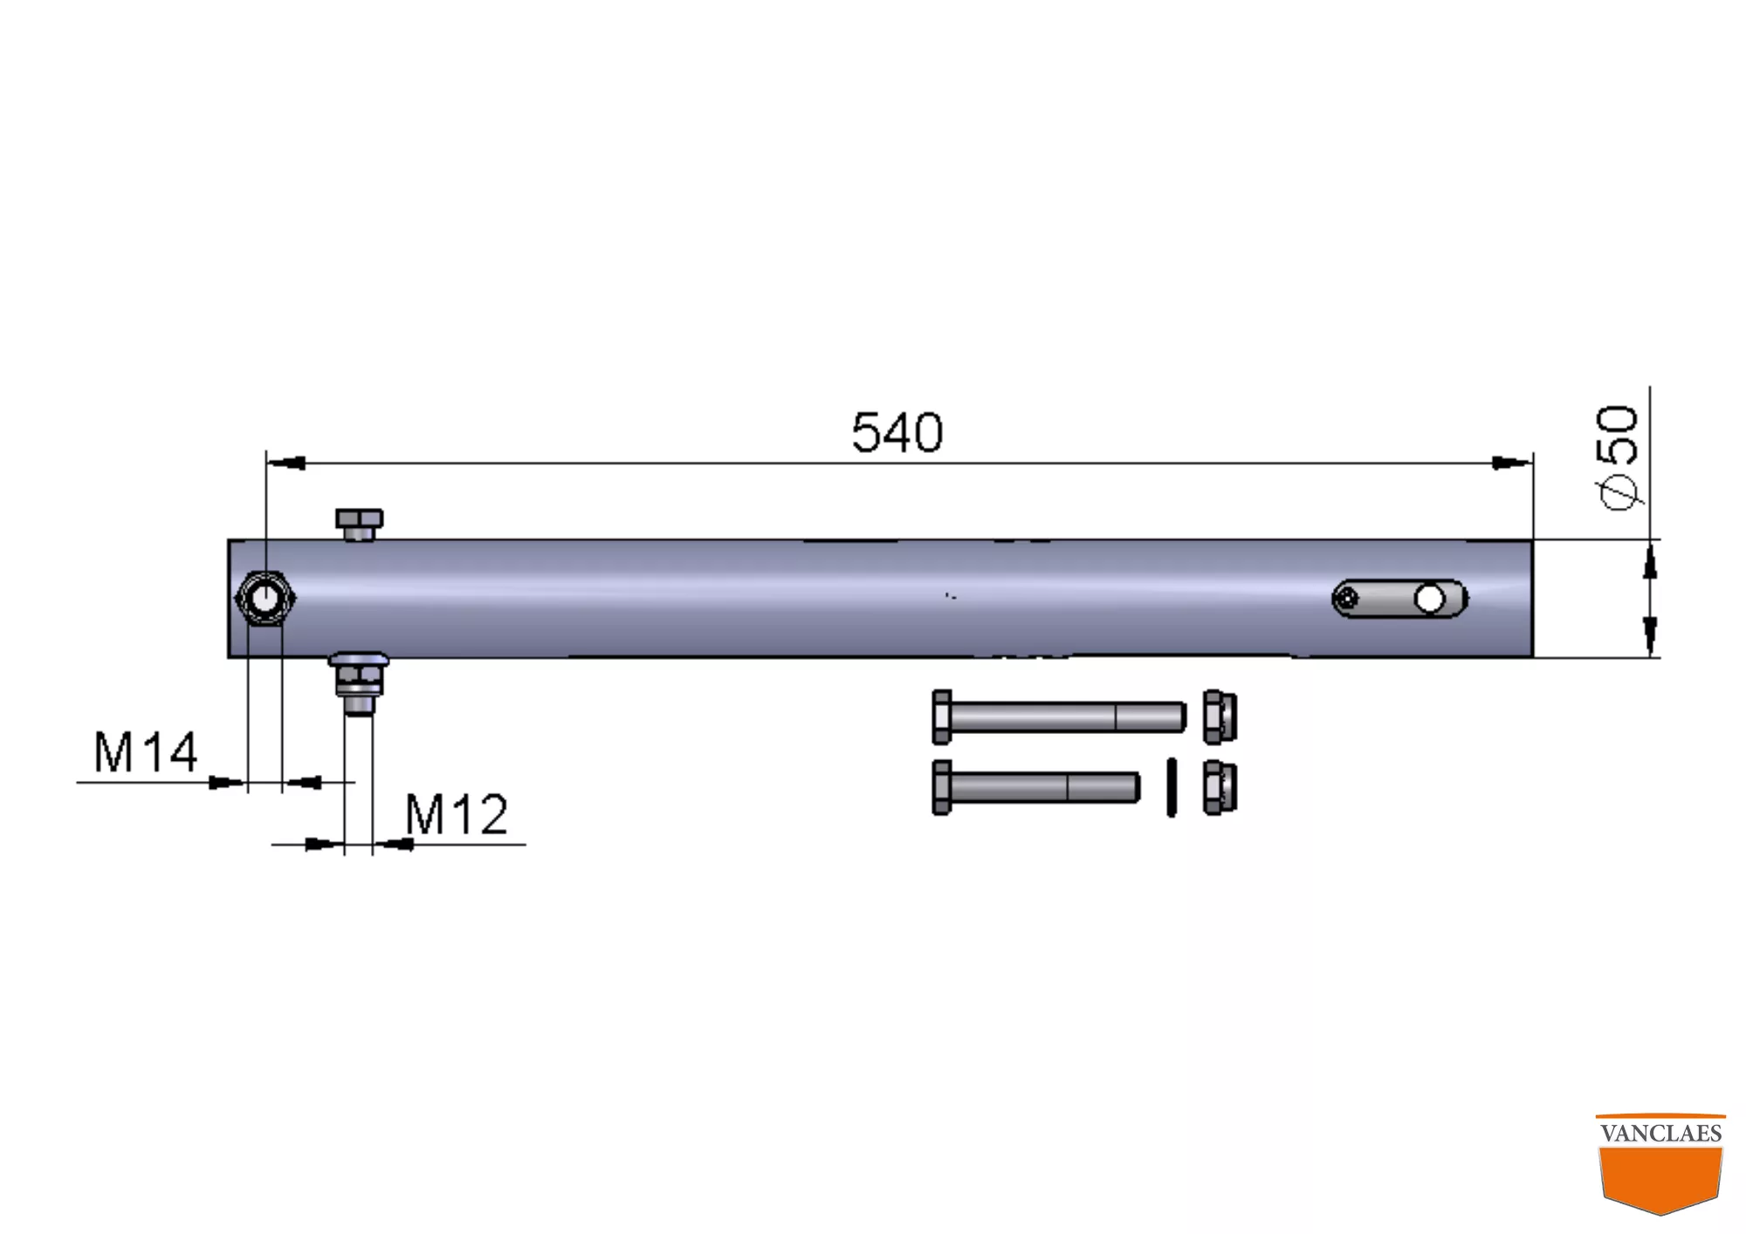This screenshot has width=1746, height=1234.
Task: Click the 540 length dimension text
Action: [897, 432]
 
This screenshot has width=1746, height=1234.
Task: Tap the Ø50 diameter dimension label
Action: [1617, 456]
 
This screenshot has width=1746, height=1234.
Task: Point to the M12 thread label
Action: [457, 814]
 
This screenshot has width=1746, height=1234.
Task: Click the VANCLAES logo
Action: [1660, 1162]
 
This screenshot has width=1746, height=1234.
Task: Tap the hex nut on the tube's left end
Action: [265, 599]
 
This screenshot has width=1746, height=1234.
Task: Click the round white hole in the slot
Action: [1429, 599]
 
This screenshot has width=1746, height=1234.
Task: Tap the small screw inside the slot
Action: [1348, 599]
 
